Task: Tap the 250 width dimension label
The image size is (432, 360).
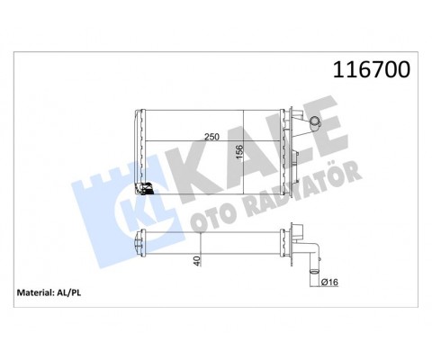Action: click(213, 136)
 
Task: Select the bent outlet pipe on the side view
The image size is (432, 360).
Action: click(314, 256)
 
